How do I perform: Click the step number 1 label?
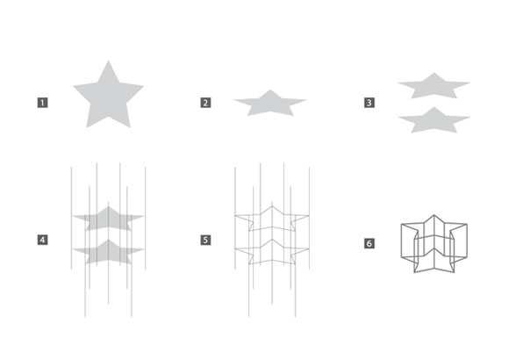tap(42, 103)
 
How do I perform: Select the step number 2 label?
tap(205, 103)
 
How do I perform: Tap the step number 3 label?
tap(369, 103)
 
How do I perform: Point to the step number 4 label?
tap(42, 240)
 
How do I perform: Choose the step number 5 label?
tap(205, 240)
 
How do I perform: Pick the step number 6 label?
tap(369, 243)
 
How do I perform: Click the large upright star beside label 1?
tap(109, 97)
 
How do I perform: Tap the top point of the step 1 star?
tap(109, 61)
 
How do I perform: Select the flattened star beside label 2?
tap(270, 104)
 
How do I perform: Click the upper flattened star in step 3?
tap(434, 87)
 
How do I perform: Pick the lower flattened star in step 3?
tap(434, 121)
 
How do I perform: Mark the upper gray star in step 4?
tap(109, 220)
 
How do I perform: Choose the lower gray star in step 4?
tap(109, 253)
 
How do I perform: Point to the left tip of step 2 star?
tap(234, 100)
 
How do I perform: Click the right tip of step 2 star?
tap(306, 100)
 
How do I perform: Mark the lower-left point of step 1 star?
tap(87, 127)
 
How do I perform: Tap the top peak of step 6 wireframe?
tap(434, 215)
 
